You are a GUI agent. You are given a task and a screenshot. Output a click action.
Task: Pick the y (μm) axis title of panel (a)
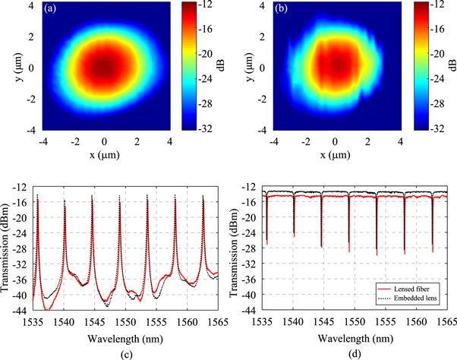click(9, 67)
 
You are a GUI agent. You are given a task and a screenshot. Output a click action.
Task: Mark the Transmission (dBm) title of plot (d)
click(237, 248)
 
